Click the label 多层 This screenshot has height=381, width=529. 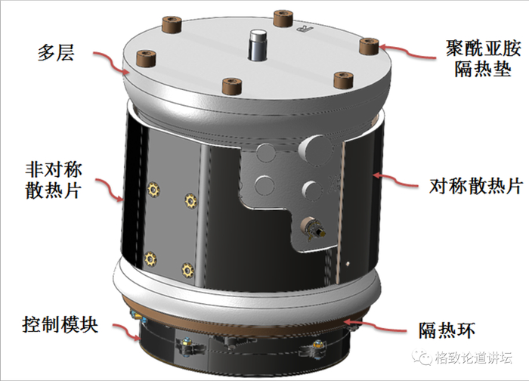[x=56, y=53]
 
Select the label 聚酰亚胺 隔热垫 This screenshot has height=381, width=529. [x=484, y=59]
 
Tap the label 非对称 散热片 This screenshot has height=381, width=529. [x=54, y=180]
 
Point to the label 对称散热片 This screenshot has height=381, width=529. [x=475, y=186]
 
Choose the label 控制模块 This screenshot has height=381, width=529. [x=60, y=324]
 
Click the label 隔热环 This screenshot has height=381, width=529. [x=447, y=330]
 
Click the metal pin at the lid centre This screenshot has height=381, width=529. [x=258, y=45]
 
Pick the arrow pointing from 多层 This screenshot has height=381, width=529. [x=110, y=62]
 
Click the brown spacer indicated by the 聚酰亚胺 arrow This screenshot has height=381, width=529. [x=369, y=46]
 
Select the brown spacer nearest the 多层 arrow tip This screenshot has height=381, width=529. [x=146, y=58]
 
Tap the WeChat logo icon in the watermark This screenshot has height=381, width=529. [x=422, y=357]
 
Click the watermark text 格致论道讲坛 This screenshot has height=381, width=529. [x=474, y=358]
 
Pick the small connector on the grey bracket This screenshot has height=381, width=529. [x=313, y=228]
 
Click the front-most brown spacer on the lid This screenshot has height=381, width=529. [x=232, y=86]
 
